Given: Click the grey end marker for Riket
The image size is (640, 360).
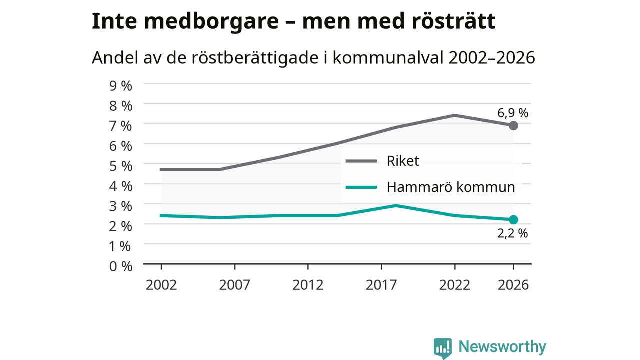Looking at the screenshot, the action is click(513, 125).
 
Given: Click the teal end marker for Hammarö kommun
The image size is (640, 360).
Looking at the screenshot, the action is click(513, 220).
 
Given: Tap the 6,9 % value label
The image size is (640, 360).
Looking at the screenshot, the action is click(513, 113).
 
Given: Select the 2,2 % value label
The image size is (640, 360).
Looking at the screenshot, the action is click(512, 233).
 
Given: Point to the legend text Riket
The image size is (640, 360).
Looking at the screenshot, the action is click(403, 161).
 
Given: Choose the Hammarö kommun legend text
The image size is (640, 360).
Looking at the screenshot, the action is click(451, 187).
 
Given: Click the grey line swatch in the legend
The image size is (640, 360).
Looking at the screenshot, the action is click(361, 161).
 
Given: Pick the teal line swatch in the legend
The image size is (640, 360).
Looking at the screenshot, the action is click(361, 187).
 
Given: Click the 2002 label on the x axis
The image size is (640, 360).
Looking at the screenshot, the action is click(161, 285).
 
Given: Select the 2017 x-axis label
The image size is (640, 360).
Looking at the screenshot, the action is click(381, 285).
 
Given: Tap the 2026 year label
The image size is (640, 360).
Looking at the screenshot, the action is click(513, 285).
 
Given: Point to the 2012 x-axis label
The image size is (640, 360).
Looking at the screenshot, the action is click(308, 285).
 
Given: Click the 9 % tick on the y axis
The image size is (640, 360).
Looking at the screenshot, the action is click(121, 86).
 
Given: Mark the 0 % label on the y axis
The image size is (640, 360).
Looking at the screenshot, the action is click(121, 266).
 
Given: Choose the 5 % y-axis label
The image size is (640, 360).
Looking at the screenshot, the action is click(121, 166).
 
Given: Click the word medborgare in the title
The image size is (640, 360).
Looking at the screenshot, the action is click(211, 21).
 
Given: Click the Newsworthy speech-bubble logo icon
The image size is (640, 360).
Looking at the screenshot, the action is click(443, 348).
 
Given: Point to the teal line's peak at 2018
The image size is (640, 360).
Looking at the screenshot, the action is click(396, 205).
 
